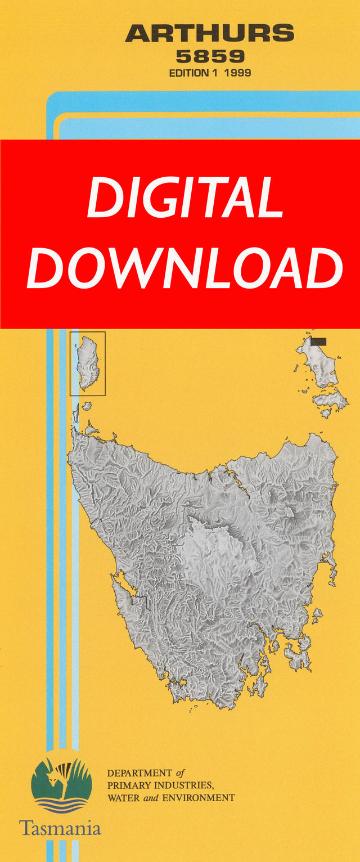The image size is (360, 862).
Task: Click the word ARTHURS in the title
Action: [209, 34]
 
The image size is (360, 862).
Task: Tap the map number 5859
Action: [210, 57]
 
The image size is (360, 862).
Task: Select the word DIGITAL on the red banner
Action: [184, 199]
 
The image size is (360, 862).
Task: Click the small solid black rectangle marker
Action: [318, 341]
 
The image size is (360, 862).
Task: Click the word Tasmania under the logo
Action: [60, 828]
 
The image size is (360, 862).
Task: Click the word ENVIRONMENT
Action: [197, 798]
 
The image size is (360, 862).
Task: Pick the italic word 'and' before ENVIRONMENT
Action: [149, 798]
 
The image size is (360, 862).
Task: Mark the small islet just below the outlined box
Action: [86, 405]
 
